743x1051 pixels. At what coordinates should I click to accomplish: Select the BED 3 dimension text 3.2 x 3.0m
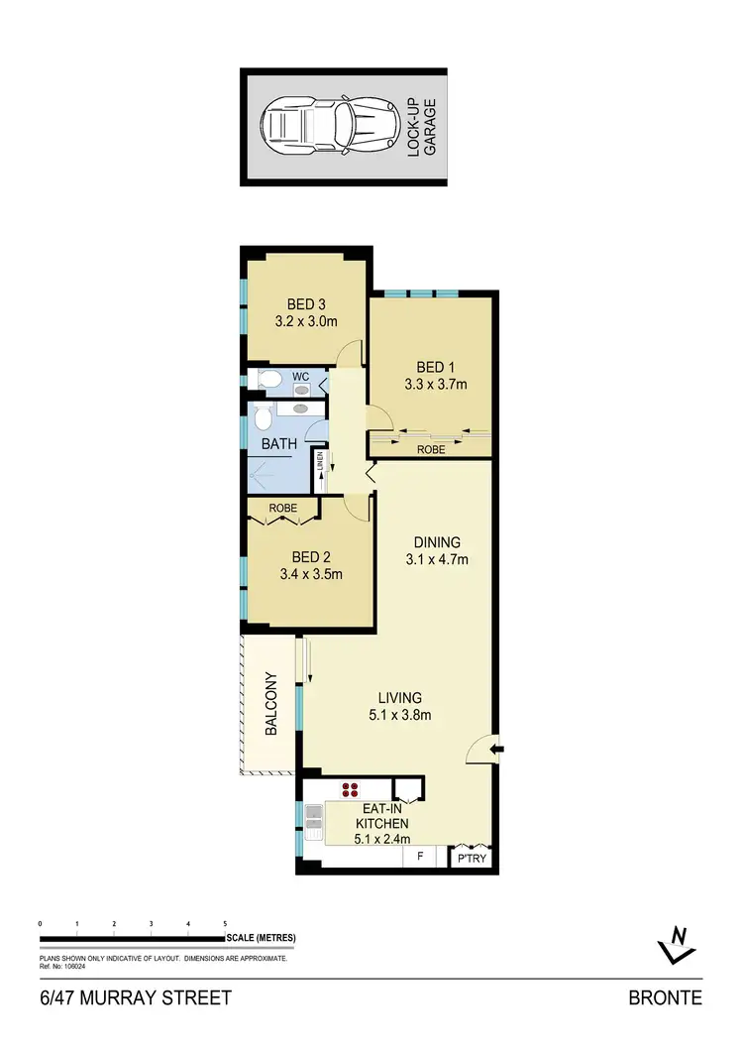pyautogui.click(x=306, y=321)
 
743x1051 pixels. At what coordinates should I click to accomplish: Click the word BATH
pyautogui.click(x=278, y=444)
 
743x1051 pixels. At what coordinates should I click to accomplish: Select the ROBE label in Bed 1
pyautogui.click(x=431, y=449)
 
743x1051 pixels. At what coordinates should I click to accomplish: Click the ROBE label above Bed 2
pyautogui.click(x=283, y=508)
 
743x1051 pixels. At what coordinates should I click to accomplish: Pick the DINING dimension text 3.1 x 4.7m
pyautogui.click(x=437, y=559)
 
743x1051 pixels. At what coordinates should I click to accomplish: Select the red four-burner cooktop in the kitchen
pyautogui.click(x=350, y=790)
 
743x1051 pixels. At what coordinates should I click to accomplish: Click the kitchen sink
pyautogui.click(x=313, y=819)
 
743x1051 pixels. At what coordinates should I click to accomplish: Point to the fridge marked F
pyautogui.click(x=420, y=854)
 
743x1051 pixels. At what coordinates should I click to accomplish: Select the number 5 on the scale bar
pyautogui.click(x=225, y=923)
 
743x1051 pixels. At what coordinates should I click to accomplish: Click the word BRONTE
pyautogui.click(x=665, y=998)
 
